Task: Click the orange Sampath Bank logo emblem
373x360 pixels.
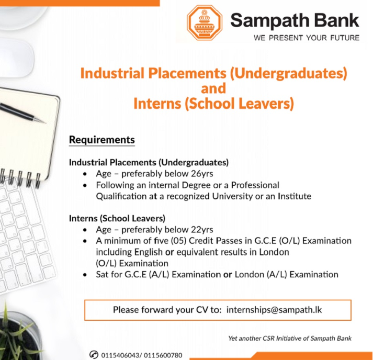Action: coord(205,23)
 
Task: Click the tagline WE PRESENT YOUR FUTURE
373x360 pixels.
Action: coord(306,38)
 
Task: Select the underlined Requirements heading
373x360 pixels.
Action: coord(102,140)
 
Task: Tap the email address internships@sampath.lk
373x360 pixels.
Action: coord(274,309)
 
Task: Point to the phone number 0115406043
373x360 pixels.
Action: coord(120,355)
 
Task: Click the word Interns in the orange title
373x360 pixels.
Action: coord(156,103)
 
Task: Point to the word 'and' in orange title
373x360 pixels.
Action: coord(213,88)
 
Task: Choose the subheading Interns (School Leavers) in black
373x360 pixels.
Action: coord(117,218)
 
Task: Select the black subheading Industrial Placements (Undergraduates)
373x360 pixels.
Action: coord(149,162)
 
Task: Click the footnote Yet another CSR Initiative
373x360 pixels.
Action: coord(290,338)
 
